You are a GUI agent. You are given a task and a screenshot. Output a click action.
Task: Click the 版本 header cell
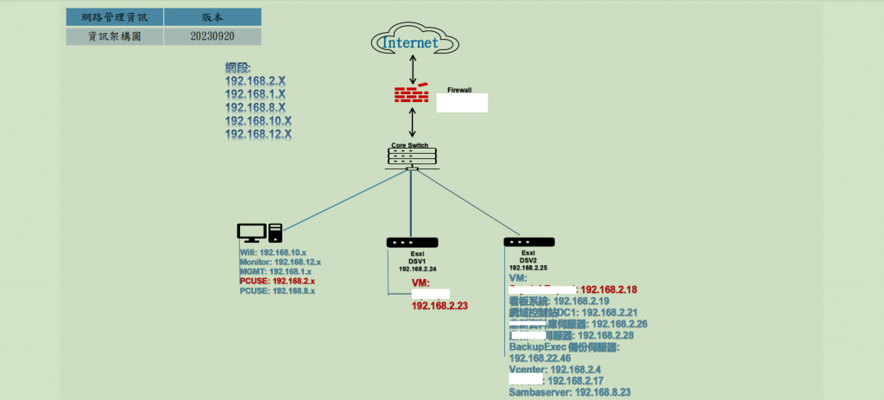coord(212,16)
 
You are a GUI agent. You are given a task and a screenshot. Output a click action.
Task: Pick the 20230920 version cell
coord(212,36)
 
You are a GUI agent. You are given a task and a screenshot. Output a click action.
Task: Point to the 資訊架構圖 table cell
coord(115,36)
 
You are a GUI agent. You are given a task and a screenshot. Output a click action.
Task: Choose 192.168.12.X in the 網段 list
coord(258,135)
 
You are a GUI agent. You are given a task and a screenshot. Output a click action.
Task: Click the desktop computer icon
coord(260,232)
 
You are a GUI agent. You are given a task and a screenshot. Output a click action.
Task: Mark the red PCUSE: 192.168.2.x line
coord(277,282)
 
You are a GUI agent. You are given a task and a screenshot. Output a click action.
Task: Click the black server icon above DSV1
coord(413,243)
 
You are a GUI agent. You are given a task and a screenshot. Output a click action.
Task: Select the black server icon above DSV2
coord(528,243)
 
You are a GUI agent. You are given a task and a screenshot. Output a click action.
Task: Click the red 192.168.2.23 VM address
coord(439,305)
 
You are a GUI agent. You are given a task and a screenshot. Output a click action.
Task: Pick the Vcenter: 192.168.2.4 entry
coord(550,369)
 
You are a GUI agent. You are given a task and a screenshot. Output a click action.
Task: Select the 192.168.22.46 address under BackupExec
coord(540,358)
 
